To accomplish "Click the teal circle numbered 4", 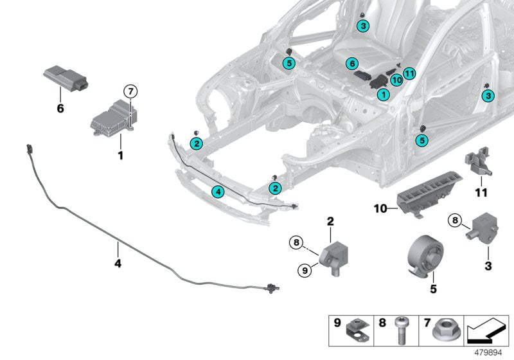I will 218,191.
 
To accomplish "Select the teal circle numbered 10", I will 396,80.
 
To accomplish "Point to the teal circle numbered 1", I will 383,94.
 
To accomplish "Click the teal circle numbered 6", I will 351,64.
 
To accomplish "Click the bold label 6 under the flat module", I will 60,109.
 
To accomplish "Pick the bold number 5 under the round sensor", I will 433,289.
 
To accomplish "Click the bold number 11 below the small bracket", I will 481,193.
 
